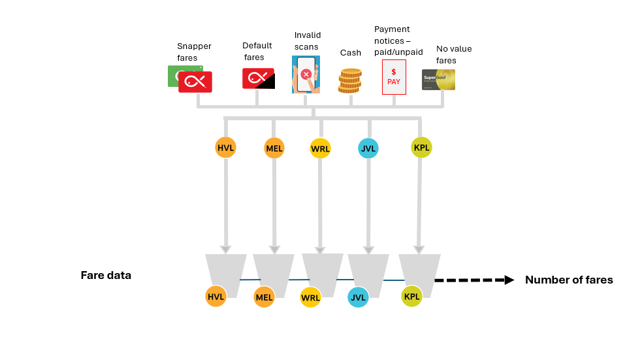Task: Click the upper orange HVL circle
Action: pos(225,148)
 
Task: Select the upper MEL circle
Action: pos(274,148)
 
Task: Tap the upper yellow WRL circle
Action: pos(320,148)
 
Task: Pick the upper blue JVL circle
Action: pos(368,148)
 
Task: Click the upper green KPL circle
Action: pos(421,147)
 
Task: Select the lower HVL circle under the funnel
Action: pos(216,297)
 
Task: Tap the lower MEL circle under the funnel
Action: pos(264,297)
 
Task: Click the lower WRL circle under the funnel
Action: pos(310,298)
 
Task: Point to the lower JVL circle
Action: pos(358,298)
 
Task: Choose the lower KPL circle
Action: pos(411,297)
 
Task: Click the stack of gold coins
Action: pos(350,81)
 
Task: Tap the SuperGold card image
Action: pos(438,80)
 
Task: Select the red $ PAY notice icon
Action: pos(394,77)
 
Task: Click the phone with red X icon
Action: pos(306,74)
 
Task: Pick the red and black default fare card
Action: pos(259,78)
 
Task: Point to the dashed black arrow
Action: pos(474,280)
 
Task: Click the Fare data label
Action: pos(106,275)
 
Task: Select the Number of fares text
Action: pos(569,280)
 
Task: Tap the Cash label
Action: pos(351,53)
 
